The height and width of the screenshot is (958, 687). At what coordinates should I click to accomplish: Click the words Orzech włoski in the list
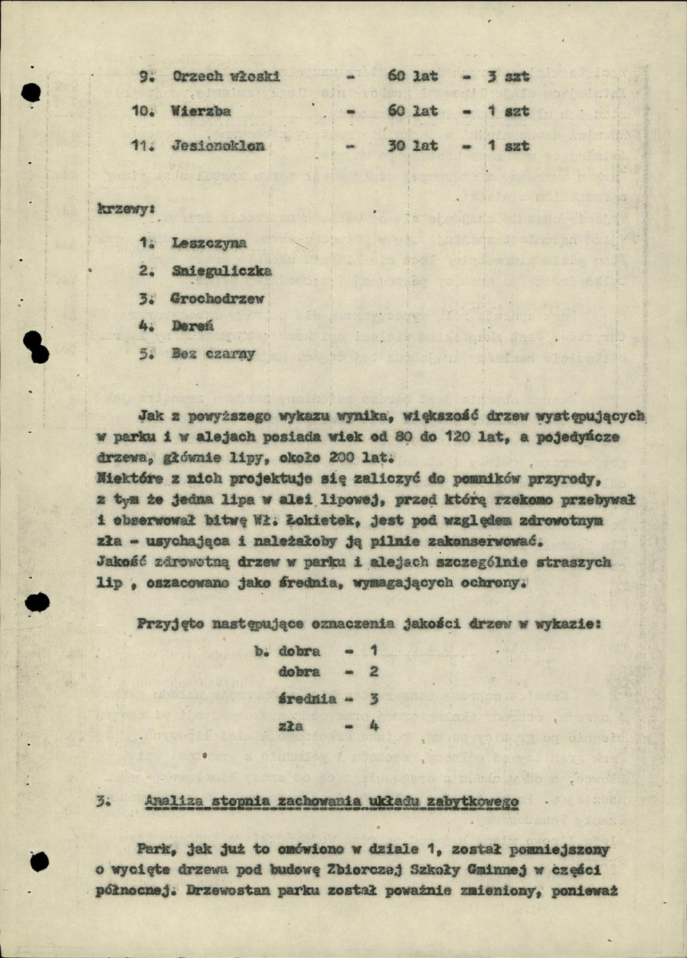[x=226, y=77]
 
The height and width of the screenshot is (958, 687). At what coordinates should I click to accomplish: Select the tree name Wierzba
[x=201, y=111]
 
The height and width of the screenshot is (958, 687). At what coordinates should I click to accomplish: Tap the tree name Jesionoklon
[x=217, y=146]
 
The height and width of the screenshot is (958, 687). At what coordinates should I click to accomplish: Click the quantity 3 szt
[x=509, y=77]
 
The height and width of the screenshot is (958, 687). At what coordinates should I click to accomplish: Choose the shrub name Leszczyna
[x=209, y=243]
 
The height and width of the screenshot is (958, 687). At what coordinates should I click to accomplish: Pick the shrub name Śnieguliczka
[x=221, y=271]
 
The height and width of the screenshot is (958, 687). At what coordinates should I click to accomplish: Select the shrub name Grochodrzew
[x=217, y=299]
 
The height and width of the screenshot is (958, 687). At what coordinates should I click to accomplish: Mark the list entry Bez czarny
[x=213, y=354]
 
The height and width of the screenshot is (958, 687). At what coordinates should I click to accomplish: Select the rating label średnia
[x=308, y=699]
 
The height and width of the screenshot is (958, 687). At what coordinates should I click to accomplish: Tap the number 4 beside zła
[x=373, y=726]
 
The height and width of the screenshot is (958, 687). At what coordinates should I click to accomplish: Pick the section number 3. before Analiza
[x=101, y=801]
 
